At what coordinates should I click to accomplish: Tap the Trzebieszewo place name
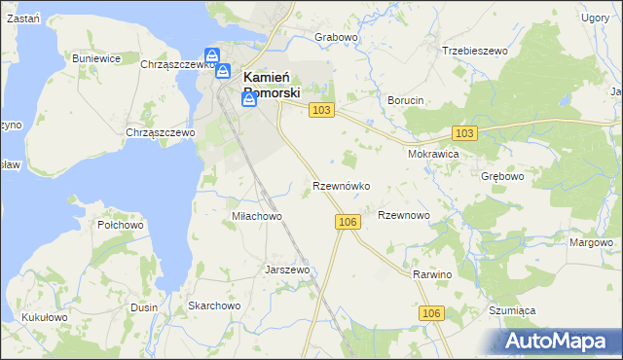[x=476, y=50]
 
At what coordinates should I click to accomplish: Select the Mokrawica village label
[x=433, y=154]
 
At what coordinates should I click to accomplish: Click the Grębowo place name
[x=503, y=177]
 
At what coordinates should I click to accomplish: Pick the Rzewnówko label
[x=340, y=185]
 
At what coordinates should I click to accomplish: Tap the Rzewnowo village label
[x=403, y=215]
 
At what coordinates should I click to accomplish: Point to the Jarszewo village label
[x=287, y=270]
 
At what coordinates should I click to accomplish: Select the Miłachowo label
[x=256, y=216]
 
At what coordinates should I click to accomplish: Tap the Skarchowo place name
[x=214, y=306]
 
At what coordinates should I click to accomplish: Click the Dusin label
[x=144, y=307]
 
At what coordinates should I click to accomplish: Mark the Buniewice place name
[x=96, y=58]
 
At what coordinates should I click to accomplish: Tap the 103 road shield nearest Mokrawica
[x=464, y=132]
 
